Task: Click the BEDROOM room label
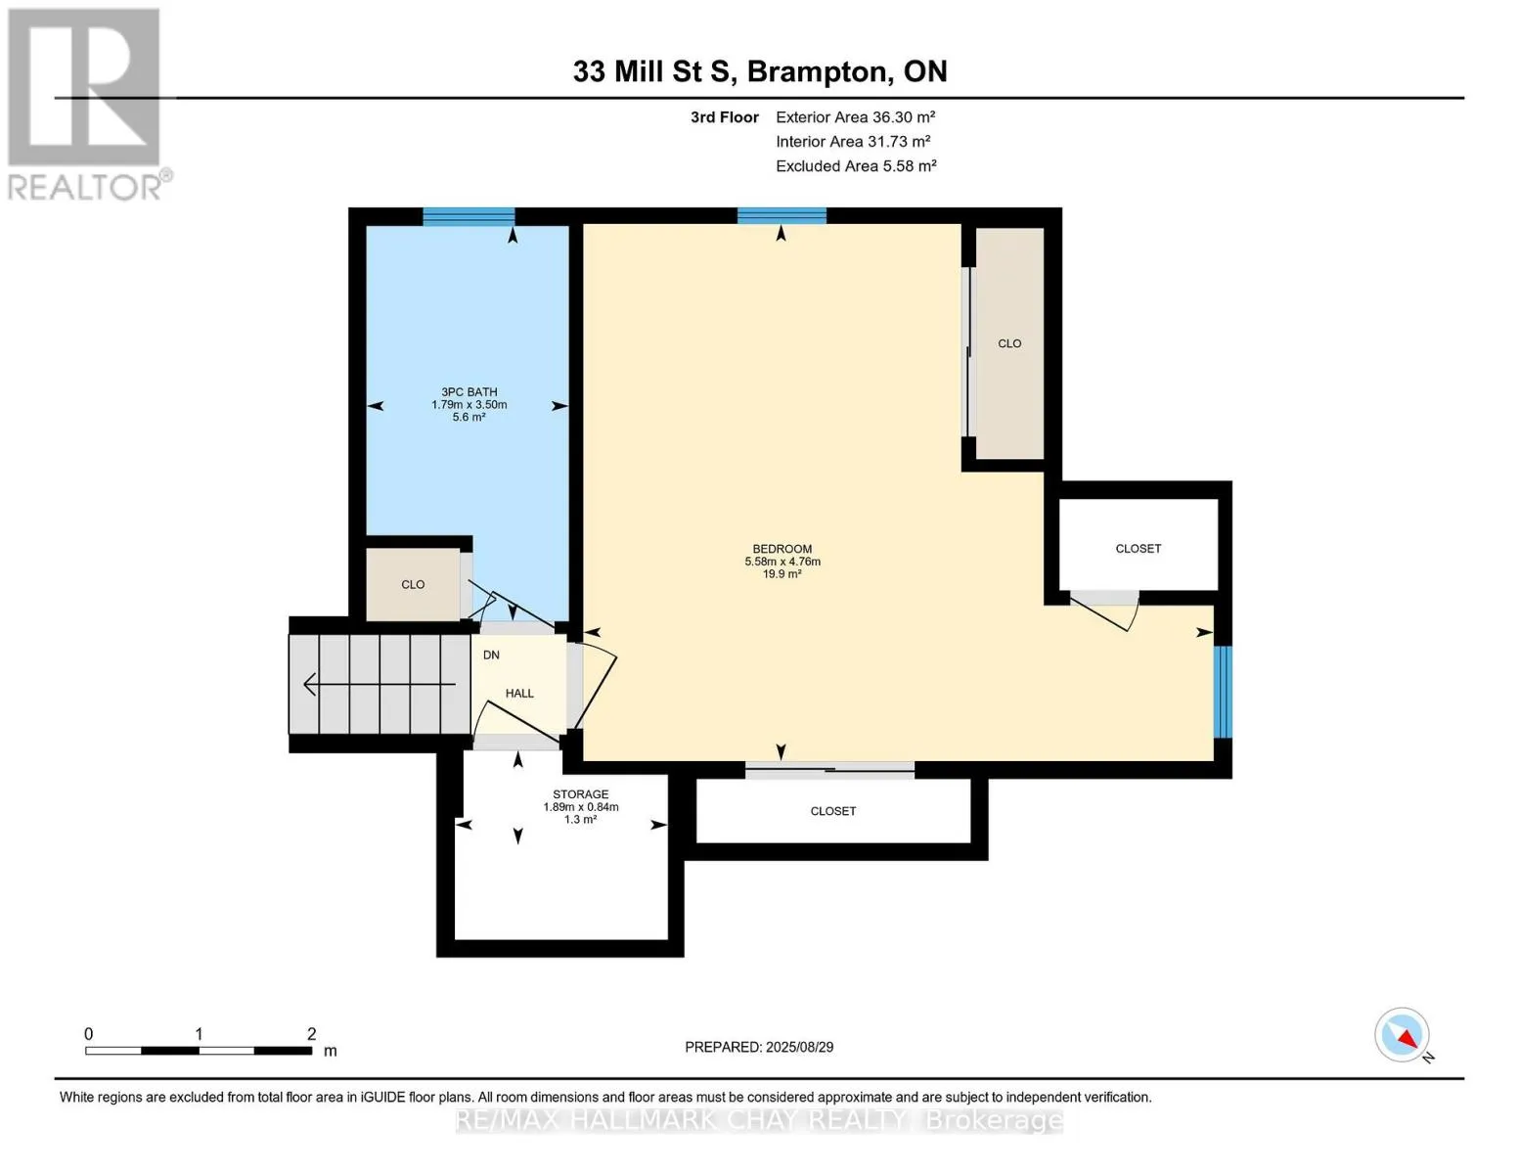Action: point(782,549)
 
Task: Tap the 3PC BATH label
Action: point(469,392)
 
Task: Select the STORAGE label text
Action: point(581,794)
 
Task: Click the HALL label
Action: point(519,693)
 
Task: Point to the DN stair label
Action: point(491,655)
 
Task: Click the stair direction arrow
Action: point(380,684)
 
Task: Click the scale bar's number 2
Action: point(311,1033)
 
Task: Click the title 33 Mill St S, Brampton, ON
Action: point(760,71)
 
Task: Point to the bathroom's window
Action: point(469,216)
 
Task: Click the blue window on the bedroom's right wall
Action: point(1222,692)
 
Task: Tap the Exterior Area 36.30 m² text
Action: point(856,116)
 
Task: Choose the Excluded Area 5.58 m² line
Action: point(856,165)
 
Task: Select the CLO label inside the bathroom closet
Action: point(413,584)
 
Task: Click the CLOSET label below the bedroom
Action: point(833,811)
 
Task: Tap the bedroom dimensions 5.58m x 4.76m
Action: point(782,562)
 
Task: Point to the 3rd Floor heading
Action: point(724,117)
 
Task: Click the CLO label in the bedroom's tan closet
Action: point(1009,343)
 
